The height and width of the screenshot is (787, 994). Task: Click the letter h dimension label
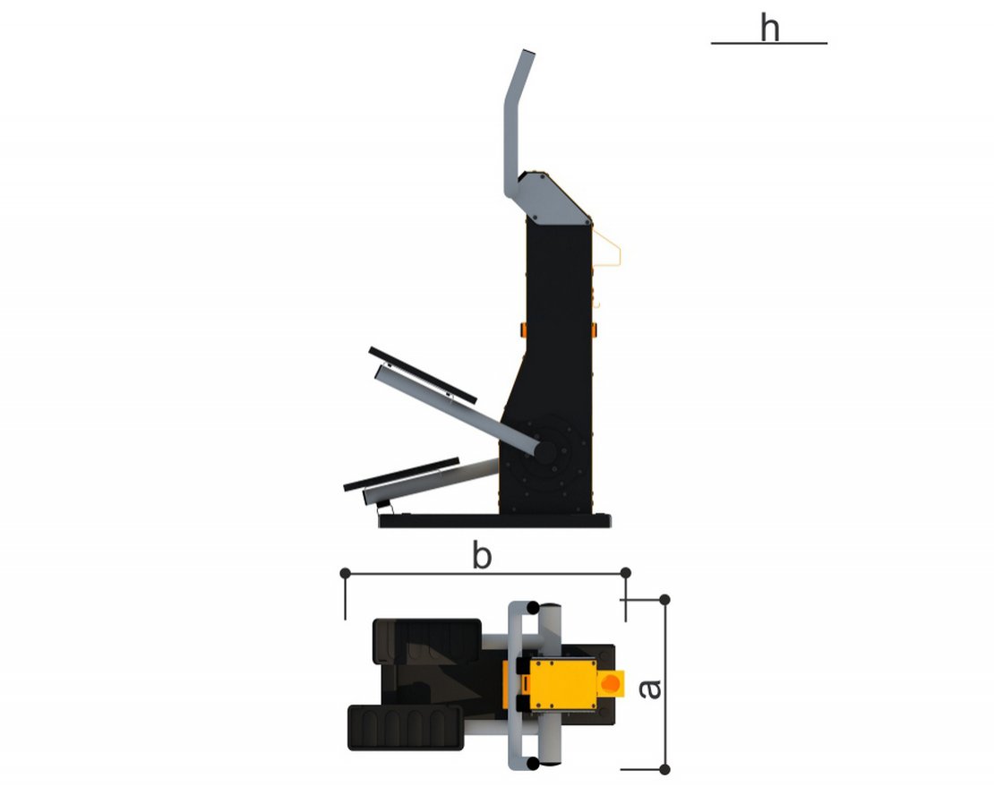pyautogui.click(x=769, y=29)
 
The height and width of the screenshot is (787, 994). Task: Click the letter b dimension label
pyautogui.click(x=482, y=555)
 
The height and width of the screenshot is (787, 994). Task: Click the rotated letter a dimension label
pyautogui.click(x=650, y=689)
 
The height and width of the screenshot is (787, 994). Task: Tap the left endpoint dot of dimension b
pyautogui.click(x=346, y=573)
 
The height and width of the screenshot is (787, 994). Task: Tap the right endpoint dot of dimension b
pyautogui.click(x=626, y=573)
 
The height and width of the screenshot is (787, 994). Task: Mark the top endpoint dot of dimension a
pyautogui.click(x=664, y=600)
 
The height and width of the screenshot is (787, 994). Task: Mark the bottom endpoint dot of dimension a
pyautogui.click(x=664, y=770)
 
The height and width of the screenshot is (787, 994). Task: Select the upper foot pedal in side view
pyautogui.click(x=423, y=375)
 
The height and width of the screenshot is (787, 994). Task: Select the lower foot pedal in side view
pyautogui.click(x=401, y=474)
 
